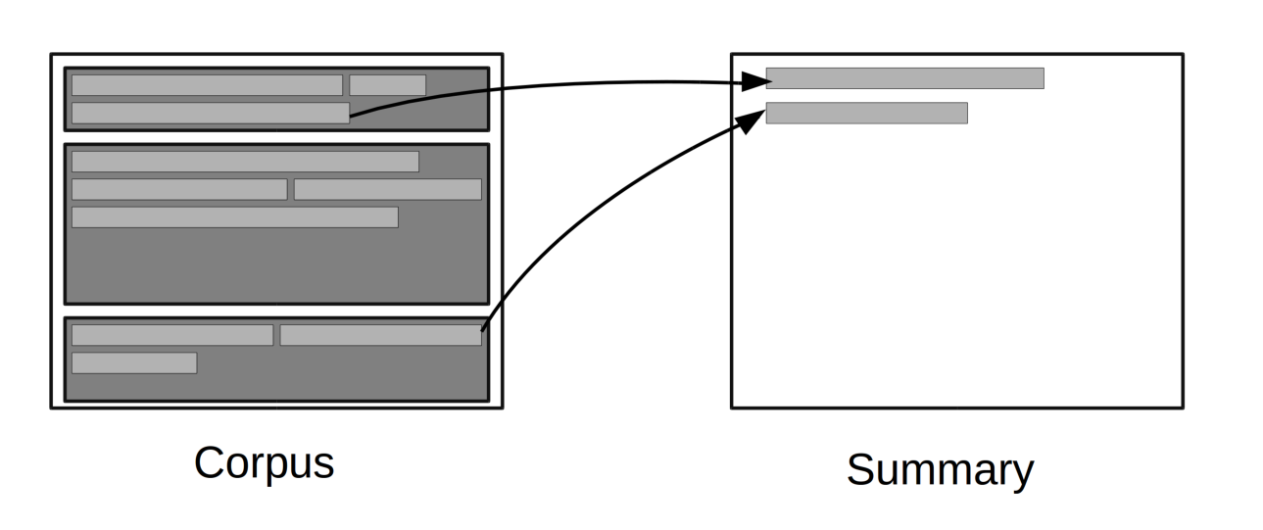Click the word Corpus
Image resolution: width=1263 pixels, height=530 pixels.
(x=264, y=462)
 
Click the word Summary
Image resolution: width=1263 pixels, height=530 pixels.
(x=939, y=469)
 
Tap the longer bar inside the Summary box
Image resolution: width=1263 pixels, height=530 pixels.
(x=904, y=78)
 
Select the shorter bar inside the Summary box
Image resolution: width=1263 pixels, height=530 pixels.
(x=866, y=113)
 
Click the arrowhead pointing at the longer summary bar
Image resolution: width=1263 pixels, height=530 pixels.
(x=756, y=82)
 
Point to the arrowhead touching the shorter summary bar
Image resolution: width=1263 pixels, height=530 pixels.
(x=754, y=120)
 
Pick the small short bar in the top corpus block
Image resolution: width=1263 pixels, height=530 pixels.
(x=387, y=85)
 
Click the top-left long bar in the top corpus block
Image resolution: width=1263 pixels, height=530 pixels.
(x=207, y=85)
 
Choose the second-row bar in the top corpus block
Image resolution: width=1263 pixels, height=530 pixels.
(x=210, y=113)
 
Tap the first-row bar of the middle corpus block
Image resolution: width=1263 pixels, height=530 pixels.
(x=245, y=162)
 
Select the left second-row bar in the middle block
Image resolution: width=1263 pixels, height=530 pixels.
(x=179, y=189)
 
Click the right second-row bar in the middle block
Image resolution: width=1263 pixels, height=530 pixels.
(x=387, y=189)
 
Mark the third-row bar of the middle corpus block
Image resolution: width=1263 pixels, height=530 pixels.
(x=234, y=217)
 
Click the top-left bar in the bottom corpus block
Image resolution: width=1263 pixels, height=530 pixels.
(x=172, y=335)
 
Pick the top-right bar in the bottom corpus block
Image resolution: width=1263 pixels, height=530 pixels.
(x=380, y=335)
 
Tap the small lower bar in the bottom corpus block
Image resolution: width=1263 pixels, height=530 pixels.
(x=134, y=363)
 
